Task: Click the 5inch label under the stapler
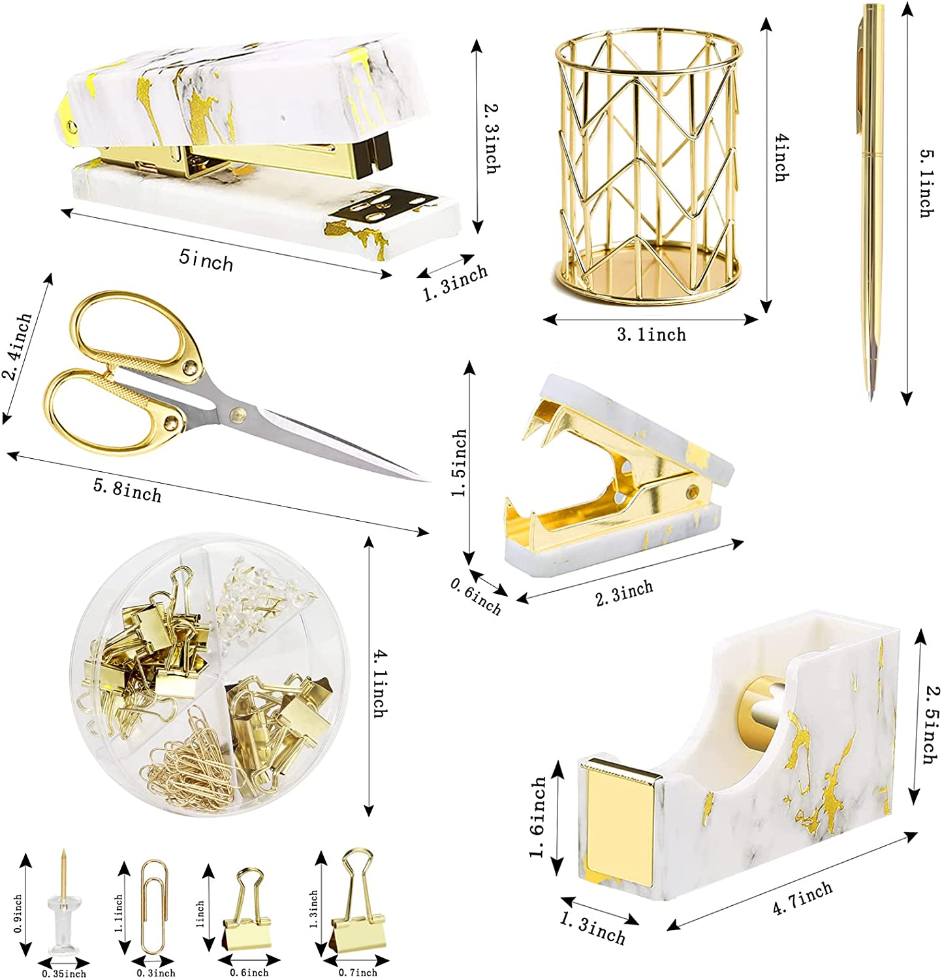[x=206, y=260]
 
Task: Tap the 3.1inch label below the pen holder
[x=652, y=335]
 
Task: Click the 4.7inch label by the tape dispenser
[x=802, y=898]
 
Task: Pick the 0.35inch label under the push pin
[x=63, y=974]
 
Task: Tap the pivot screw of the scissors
[x=236, y=412]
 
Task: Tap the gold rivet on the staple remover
[x=691, y=491]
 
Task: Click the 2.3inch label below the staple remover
[x=623, y=593]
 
